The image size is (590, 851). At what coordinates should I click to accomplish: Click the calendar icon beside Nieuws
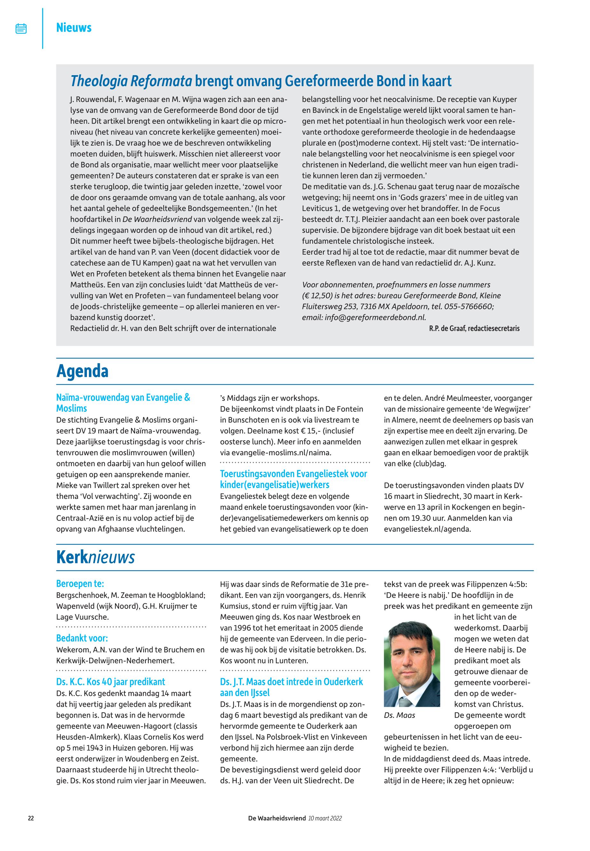pos(21,28)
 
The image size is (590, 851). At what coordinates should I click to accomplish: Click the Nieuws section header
pos(74,28)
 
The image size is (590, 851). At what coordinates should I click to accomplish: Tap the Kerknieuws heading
pos(95,557)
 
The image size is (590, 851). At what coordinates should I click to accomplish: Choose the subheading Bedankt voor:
pos(82,638)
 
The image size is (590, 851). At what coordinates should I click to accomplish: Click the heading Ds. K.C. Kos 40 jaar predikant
pos(111,682)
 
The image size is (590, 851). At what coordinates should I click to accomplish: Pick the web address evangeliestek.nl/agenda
pos(427,529)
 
